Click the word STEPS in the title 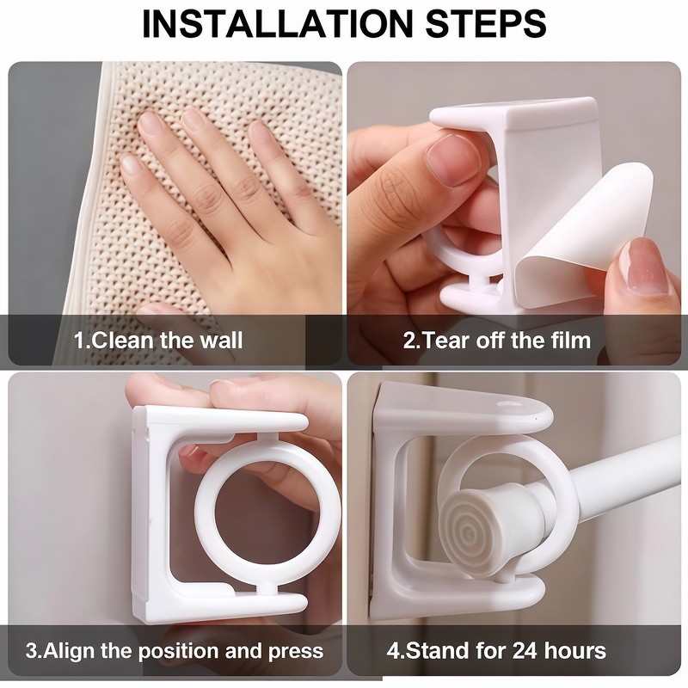coord(486,23)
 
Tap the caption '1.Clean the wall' coord(158,341)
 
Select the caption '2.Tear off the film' coord(497,341)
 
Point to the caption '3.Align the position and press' coord(175,651)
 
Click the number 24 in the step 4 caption coord(524,651)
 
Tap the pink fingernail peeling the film coord(643,267)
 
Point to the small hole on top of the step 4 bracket coord(509,402)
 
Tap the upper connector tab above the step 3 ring coord(267,438)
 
